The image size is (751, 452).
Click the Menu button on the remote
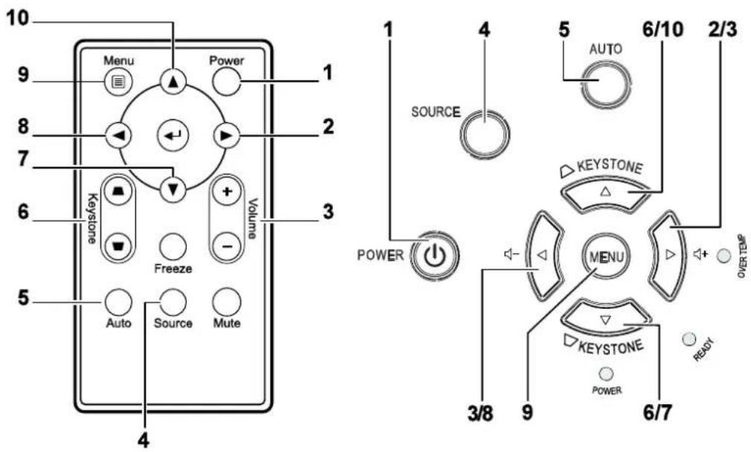tap(118, 83)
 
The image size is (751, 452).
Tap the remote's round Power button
tap(226, 82)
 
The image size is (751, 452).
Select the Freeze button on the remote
tap(173, 247)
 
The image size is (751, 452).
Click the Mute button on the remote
tap(227, 302)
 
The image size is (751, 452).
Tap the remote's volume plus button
tap(227, 191)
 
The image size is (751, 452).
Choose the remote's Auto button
tap(118, 302)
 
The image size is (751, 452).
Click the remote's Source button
tap(173, 302)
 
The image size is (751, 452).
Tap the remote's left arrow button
tap(118, 136)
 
